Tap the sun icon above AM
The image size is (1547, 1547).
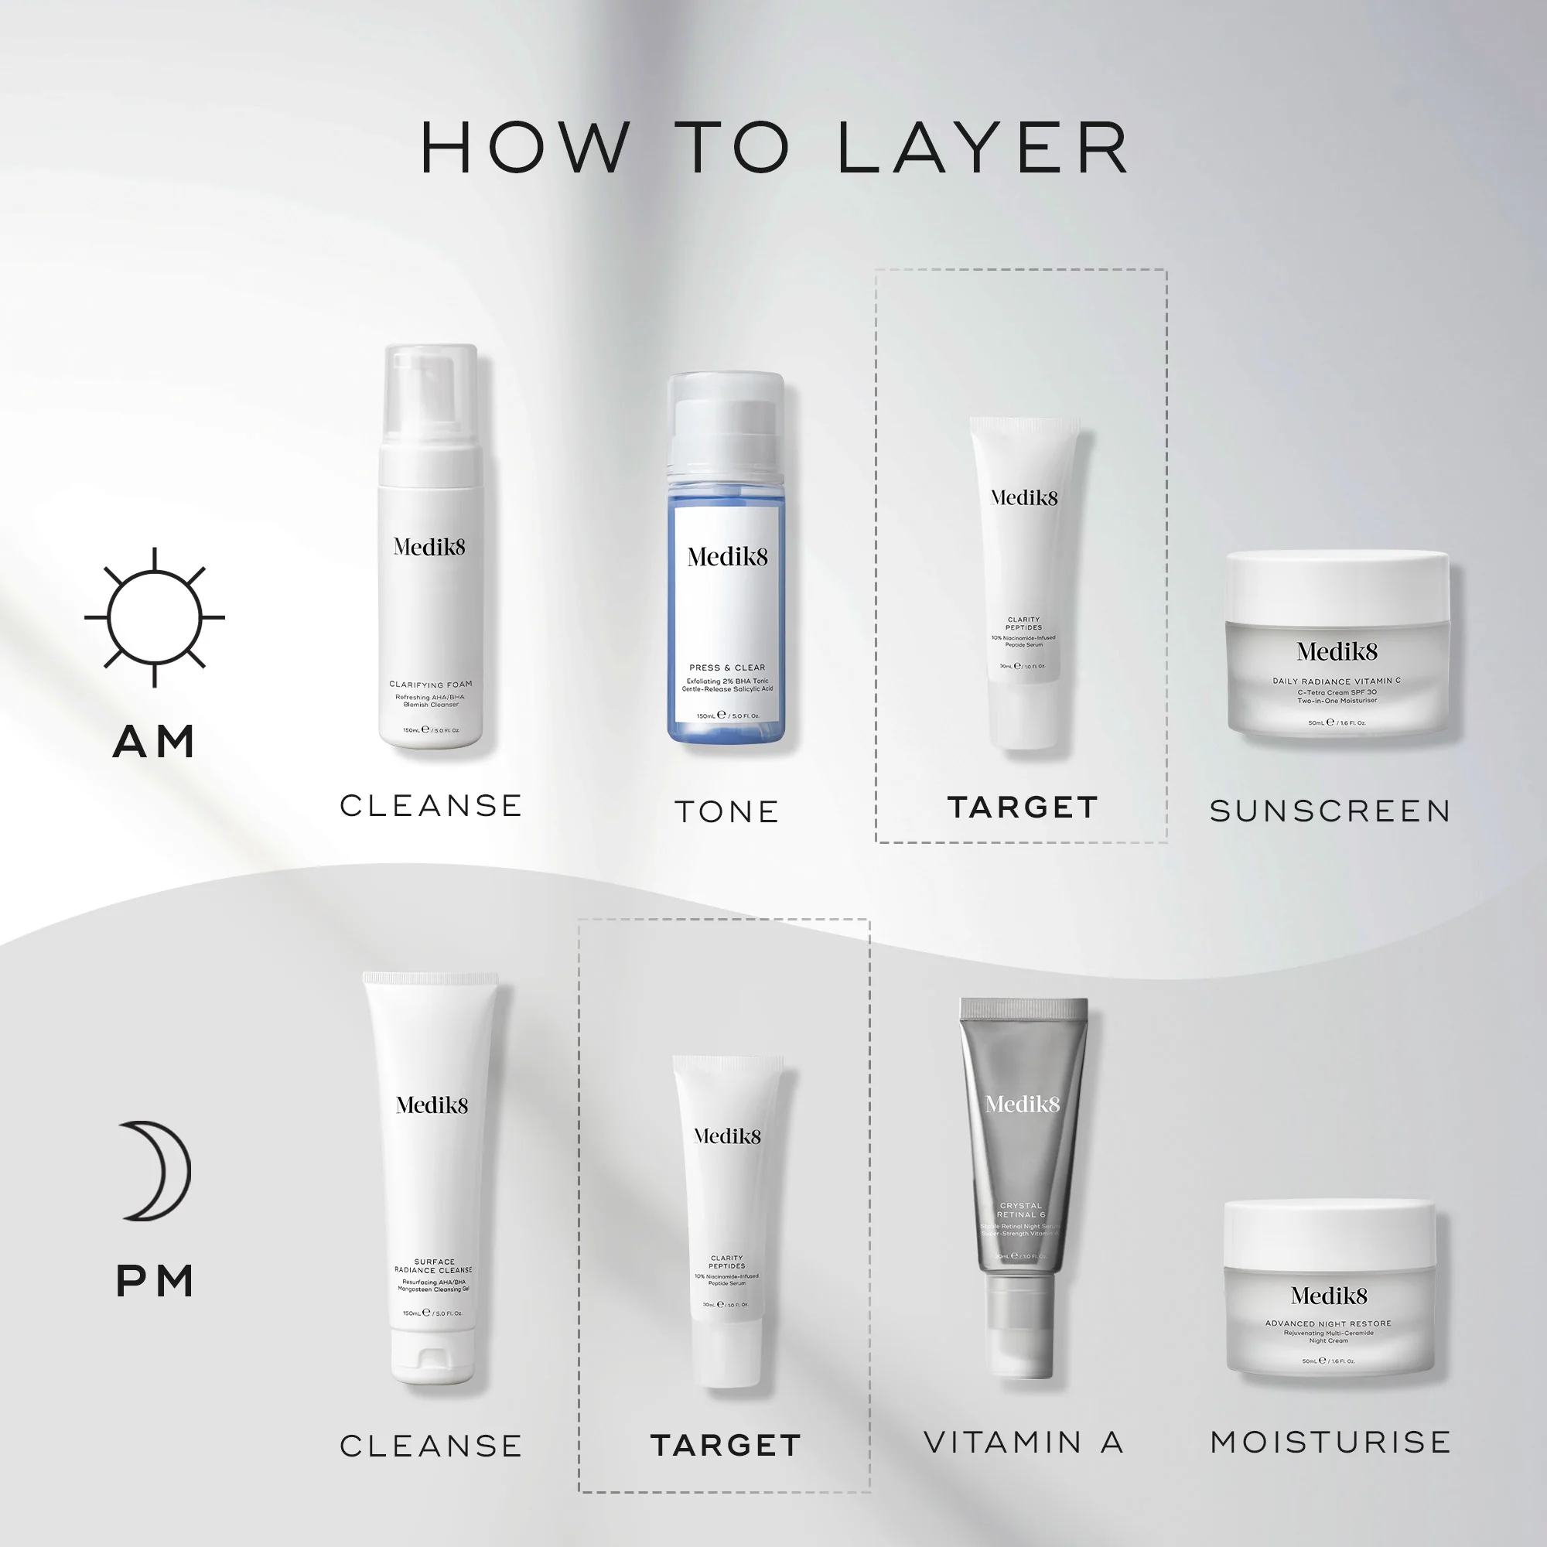[155, 617]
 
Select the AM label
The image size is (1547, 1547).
[155, 742]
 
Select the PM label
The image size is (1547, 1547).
[155, 1281]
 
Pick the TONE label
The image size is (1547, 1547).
[726, 811]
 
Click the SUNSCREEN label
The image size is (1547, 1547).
[1330, 811]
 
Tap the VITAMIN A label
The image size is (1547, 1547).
[1023, 1442]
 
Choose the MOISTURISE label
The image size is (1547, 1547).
[1330, 1442]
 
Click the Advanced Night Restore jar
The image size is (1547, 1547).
[1329, 1289]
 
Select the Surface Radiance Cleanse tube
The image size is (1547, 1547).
[432, 1177]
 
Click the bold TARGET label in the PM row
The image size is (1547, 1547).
[726, 1446]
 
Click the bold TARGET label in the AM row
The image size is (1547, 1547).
[1022, 807]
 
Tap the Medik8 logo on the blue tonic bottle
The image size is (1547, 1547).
[727, 556]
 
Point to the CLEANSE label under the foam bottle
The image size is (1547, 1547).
[431, 805]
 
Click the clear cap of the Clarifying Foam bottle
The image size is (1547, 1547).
[431, 392]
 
